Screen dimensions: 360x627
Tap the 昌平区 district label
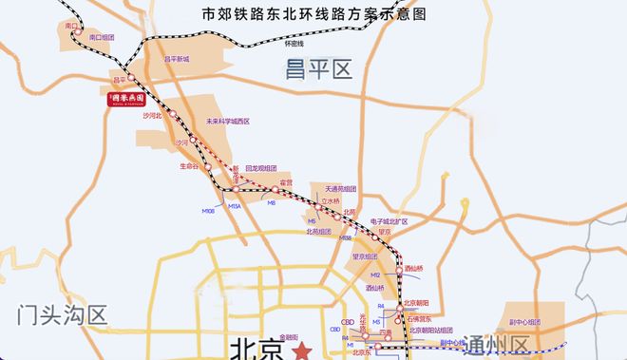point(317,67)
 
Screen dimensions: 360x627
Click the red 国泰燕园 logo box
point(125,98)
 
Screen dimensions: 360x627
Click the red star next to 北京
point(302,350)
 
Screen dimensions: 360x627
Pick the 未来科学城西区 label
point(228,122)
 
